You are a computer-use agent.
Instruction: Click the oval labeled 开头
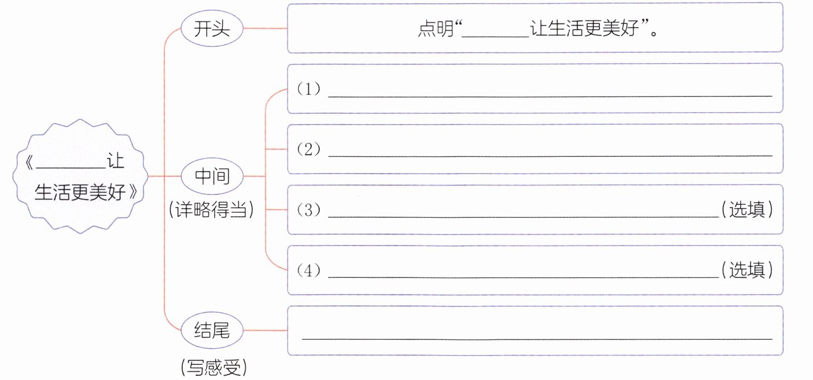(x=212, y=29)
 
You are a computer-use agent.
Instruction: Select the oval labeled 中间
(x=212, y=177)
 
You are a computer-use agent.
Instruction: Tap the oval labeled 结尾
(x=212, y=330)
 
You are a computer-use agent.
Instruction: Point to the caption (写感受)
(x=212, y=369)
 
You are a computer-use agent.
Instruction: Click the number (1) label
(x=308, y=90)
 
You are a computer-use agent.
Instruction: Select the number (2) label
(x=308, y=150)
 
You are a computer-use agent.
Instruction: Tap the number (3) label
(x=308, y=211)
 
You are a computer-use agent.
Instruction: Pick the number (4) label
(x=308, y=271)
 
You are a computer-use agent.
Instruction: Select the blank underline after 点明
(x=495, y=35)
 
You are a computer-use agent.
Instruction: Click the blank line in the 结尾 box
(x=536, y=338)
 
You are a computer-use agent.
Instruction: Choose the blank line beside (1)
(x=549, y=96)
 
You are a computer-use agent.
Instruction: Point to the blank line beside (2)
(x=549, y=156)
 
